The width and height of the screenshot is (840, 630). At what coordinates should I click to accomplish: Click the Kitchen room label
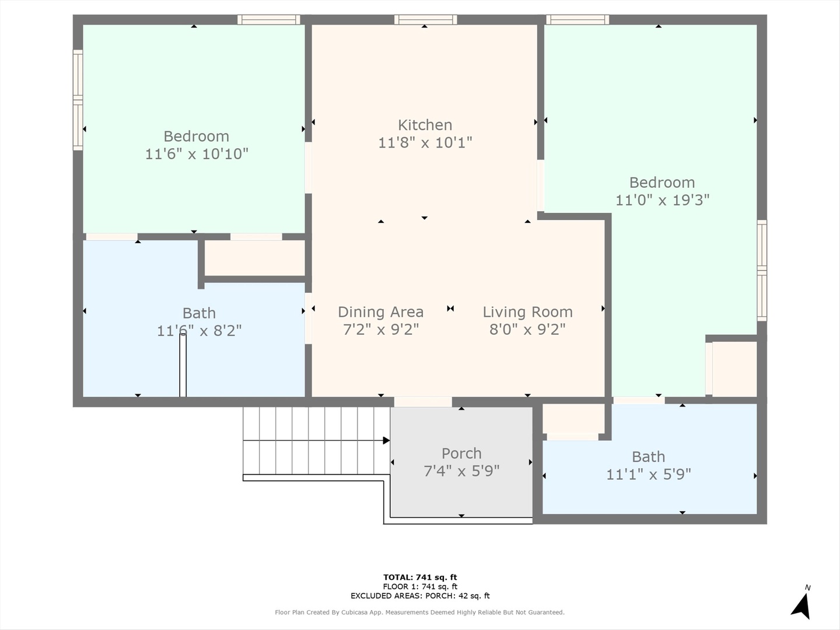click(425, 125)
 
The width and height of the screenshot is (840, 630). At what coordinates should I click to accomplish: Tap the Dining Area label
click(381, 312)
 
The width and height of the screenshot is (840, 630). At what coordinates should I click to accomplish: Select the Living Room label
click(528, 312)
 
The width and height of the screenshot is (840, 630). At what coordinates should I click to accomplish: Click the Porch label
click(461, 454)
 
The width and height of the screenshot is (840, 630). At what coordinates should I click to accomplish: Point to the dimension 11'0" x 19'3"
click(663, 200)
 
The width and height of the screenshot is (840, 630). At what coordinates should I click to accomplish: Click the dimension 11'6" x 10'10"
click(197, 154)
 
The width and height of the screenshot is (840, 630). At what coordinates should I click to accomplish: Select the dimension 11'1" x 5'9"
click(649, 475)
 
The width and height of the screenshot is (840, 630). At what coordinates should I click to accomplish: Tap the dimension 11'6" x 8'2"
click(199, 331)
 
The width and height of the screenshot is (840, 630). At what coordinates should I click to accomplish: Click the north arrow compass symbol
click(801, 604)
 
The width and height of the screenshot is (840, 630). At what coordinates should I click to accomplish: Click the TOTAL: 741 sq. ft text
click(420, 577)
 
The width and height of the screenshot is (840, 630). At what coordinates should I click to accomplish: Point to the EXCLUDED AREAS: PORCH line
click(420, 596)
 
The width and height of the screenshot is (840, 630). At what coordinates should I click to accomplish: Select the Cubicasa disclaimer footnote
click(420, 612)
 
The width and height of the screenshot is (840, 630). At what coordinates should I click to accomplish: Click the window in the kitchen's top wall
click(426, 19)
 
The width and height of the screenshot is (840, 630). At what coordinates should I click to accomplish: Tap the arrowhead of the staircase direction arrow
click(387, 440)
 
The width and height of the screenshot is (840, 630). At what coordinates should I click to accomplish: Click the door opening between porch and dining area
click(423, 402)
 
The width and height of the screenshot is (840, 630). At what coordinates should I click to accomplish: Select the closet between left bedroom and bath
click(255, 257)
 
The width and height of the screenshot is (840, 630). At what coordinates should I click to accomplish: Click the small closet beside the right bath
click(573, 419)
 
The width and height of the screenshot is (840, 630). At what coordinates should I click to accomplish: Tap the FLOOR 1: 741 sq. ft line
click(420, 587)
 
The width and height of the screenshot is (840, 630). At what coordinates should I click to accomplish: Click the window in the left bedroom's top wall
click(269, 19)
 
